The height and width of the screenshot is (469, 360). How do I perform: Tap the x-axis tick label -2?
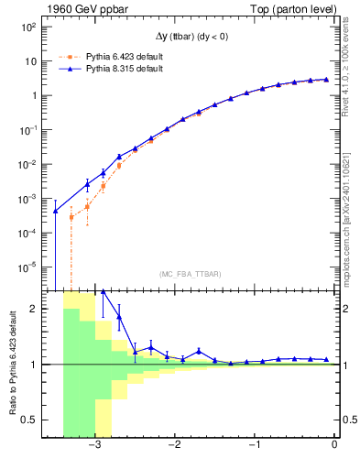click(x=174, y=446)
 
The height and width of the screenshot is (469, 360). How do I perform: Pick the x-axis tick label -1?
click(x=254, y=446)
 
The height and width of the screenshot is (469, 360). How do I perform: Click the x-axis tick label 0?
click(x=334, y=446)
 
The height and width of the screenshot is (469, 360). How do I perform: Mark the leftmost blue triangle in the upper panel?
click(x=55, y=212)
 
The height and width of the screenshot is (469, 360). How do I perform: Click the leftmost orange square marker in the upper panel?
click(x=71, y=217)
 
